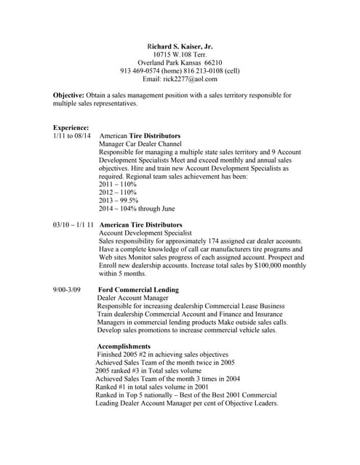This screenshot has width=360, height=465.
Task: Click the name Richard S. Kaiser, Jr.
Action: tap(179, 45)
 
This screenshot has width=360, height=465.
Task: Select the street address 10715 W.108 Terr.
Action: tap(179, 54)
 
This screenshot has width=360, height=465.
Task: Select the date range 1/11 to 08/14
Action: tap(72, 136)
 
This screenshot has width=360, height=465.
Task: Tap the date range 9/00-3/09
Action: tap(67, 291)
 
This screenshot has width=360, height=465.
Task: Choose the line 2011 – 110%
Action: tap(117, 185)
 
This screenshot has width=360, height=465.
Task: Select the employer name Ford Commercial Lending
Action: tap(137, 291)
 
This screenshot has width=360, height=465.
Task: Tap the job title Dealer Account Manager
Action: tap(132, 299)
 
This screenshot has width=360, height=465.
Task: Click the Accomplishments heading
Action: tap(124, 347)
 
